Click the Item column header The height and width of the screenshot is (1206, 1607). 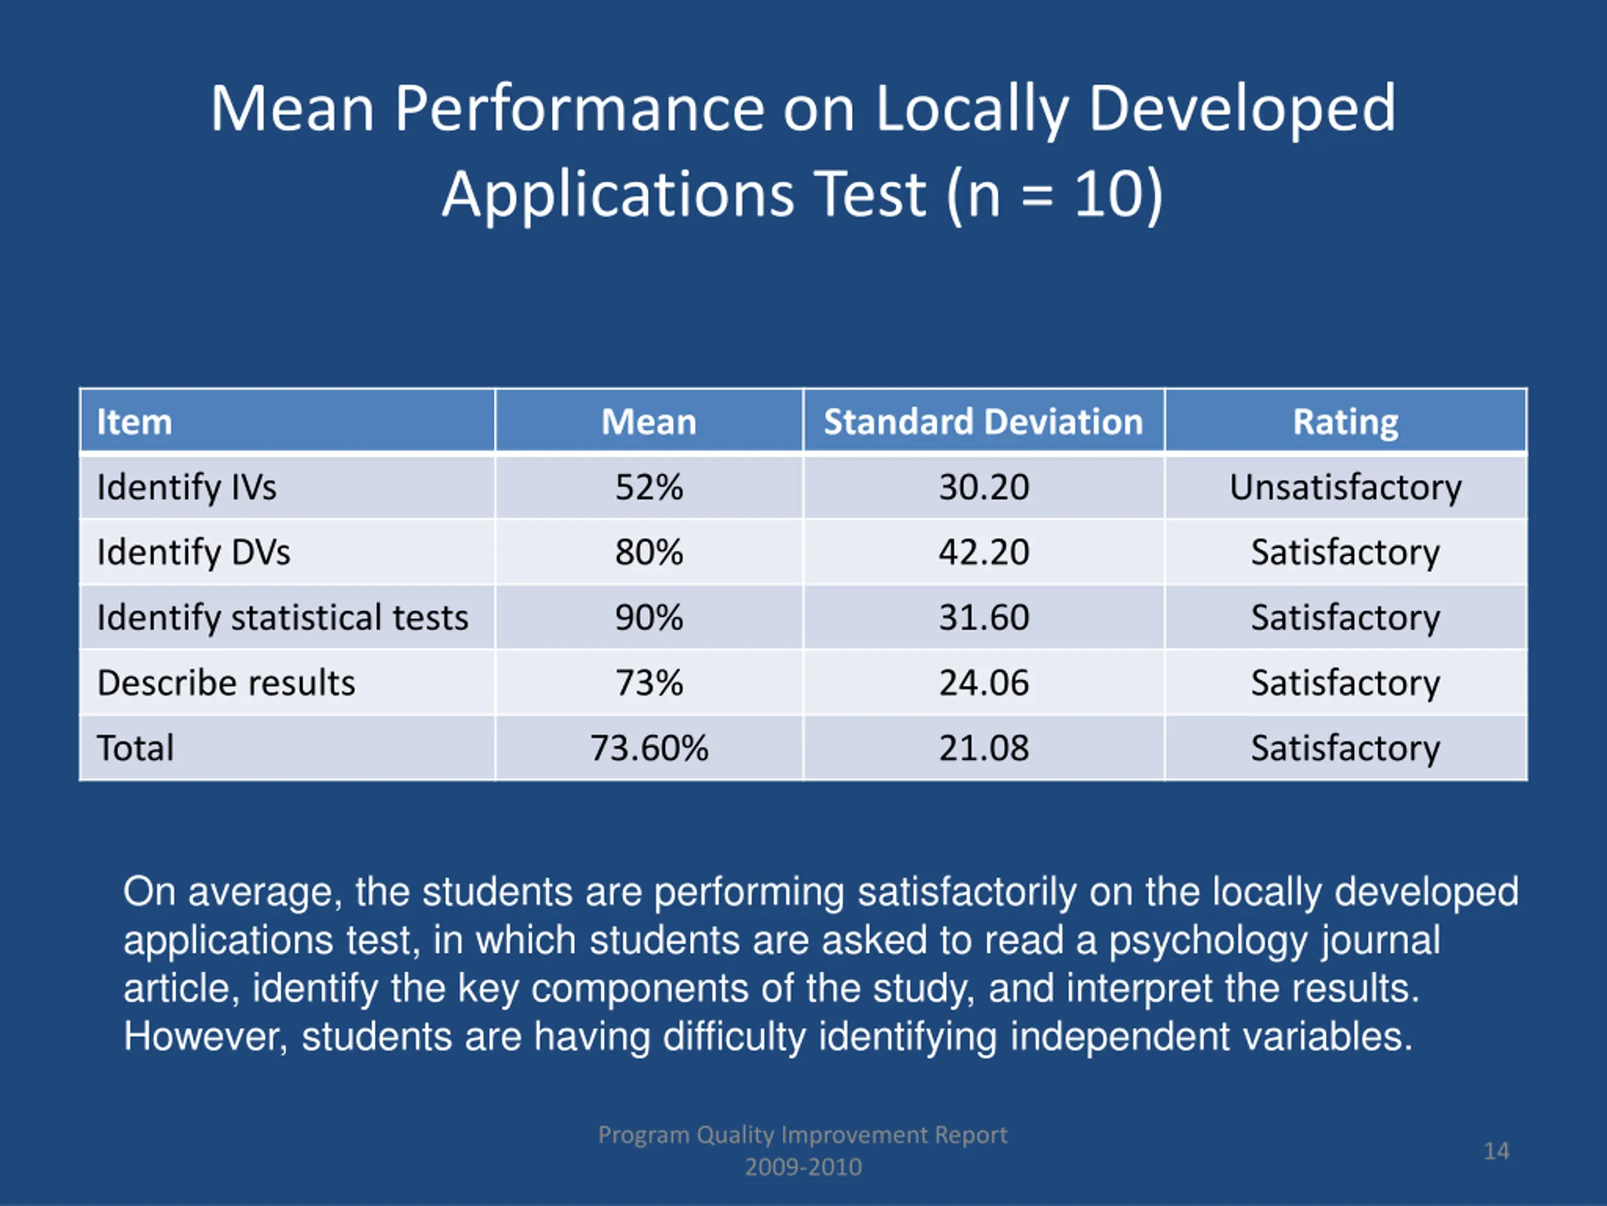(x=134, y=421)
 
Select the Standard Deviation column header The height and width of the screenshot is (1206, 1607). (x=983, y=421)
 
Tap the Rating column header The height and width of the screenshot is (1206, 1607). (x=1345, y=421)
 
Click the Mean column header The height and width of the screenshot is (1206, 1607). (x=648, y=421)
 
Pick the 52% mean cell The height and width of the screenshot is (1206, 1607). (x=648, y=487)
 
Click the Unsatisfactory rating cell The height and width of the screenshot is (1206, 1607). (x=1345, y=487)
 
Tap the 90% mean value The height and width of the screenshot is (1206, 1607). (x=648, y=617)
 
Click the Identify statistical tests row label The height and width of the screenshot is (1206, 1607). (x=282, y=617)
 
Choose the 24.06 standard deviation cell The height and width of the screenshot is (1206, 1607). (x=984, y=683)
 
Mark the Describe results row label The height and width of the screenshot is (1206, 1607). (x=226, y=683)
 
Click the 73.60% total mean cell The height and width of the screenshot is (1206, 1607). (x=648, y=748)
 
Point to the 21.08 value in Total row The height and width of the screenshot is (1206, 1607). (x=984, y=748)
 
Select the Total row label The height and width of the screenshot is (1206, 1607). (x=135, y=748)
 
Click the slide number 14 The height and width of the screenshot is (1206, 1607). (x=1496, y=1151)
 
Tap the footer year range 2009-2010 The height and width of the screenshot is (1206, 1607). (x=803, y=1167)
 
